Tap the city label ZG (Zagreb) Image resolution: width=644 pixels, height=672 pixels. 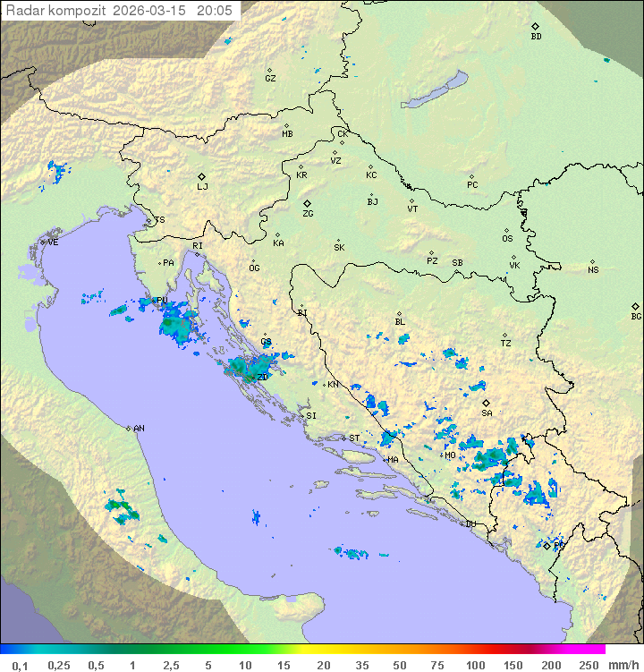click(308, 214)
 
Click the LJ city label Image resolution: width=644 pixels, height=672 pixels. click(202, 187)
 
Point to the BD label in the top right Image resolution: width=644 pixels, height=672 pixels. click(536, 37)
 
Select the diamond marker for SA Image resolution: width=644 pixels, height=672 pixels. click(486, 403)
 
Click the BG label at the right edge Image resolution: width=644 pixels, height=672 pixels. click(636, 317)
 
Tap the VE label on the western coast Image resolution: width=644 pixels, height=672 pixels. click(53, 242)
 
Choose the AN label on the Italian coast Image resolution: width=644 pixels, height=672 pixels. click(139, 429)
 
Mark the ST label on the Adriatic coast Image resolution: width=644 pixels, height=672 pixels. click(354, 438)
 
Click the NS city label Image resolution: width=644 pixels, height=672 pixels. click(593, 270)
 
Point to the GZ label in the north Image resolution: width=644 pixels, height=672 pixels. click(270, 79)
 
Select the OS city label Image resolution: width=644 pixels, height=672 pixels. click(507, 239)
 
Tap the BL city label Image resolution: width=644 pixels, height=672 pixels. click(400, 322)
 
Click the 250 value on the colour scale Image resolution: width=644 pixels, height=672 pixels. click(589, 665)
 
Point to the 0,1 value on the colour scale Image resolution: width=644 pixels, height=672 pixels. click(20, 665)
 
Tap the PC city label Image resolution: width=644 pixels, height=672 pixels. click(472, 185)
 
